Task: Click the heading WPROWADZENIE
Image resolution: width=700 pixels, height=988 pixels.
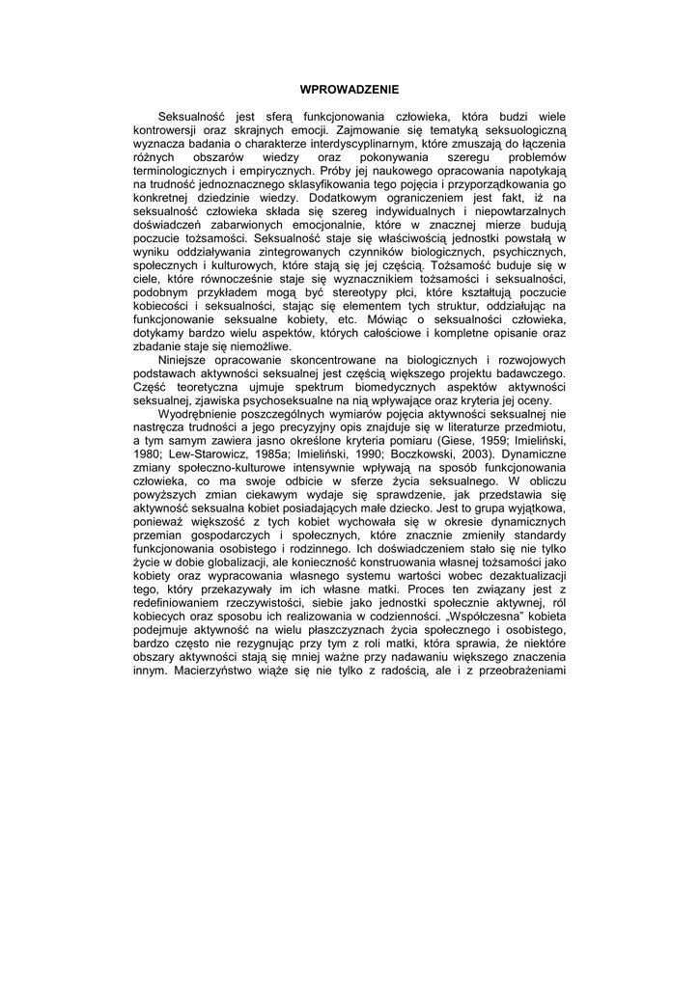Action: [350, 89]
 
